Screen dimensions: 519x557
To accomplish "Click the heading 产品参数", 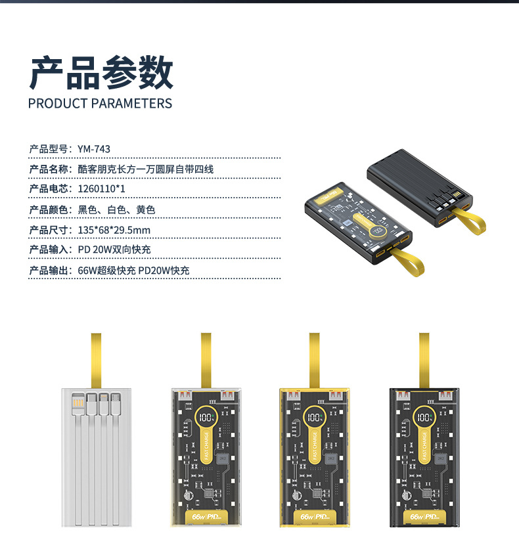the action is [x=101, y=73].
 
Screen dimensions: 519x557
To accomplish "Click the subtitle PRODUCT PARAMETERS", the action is [x=101, y=104].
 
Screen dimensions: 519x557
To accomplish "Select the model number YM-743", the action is [x=89, y=149].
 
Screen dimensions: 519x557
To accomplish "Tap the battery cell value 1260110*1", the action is [x=101, y=190].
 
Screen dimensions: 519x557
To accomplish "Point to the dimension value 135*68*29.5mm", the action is [x=114, y=230].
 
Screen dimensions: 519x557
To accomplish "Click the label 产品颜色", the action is [x=49, y=210].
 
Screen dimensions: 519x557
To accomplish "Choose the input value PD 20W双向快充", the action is [x=114, y=250].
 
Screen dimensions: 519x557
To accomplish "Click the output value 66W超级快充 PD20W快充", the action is [x=134, y=271].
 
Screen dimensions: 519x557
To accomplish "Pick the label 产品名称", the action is [x=49, y=169].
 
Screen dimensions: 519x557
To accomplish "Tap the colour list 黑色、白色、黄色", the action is [x=116, y=210].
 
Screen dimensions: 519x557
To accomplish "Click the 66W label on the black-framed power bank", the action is [x=417, y=517].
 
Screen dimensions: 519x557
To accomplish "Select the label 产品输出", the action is [x=49, y=271].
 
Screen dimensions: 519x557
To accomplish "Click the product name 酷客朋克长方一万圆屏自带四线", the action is [x=146, y=169].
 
